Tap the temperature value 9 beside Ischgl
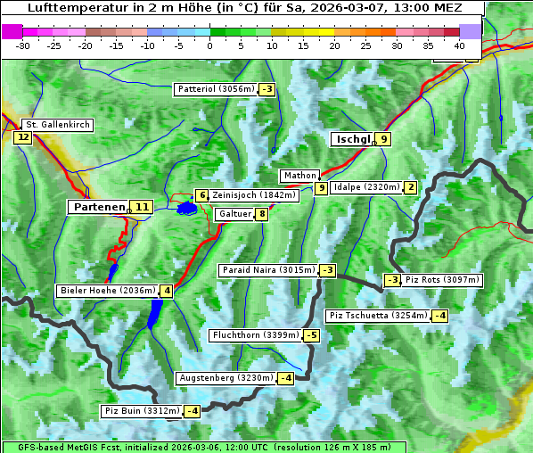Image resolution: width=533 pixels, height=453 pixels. click(x=383, y=139)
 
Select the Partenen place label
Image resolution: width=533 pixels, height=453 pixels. click(x=98, y=207)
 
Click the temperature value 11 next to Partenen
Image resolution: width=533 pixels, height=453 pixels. click(x=141, y=207)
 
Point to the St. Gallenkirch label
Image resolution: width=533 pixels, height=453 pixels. click(x=57, y=125)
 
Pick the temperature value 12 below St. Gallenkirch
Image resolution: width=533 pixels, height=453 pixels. click(x=22, y=137)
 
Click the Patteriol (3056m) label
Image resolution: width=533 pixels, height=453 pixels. click(x=216, y=89)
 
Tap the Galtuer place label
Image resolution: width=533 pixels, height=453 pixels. click(x=234, y=214)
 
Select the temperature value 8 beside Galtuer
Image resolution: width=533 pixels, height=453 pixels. click(x=261, y=214)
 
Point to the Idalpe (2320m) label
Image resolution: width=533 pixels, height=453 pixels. click(x=365, y=187)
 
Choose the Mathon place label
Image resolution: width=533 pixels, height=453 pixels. click(x=299, y=176)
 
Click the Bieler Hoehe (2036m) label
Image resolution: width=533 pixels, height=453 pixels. click(x=107, y=291)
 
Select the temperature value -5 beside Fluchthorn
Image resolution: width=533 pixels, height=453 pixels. click(x=311, y=335)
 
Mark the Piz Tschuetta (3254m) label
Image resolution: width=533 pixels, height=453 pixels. click(x=378, y=315)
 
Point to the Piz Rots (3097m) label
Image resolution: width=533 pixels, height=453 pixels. click(x=442, y=280)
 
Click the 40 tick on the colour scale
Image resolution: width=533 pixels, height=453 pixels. click(x=459, y=45)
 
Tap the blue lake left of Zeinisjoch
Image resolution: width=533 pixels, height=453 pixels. click(x=186, y=209)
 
